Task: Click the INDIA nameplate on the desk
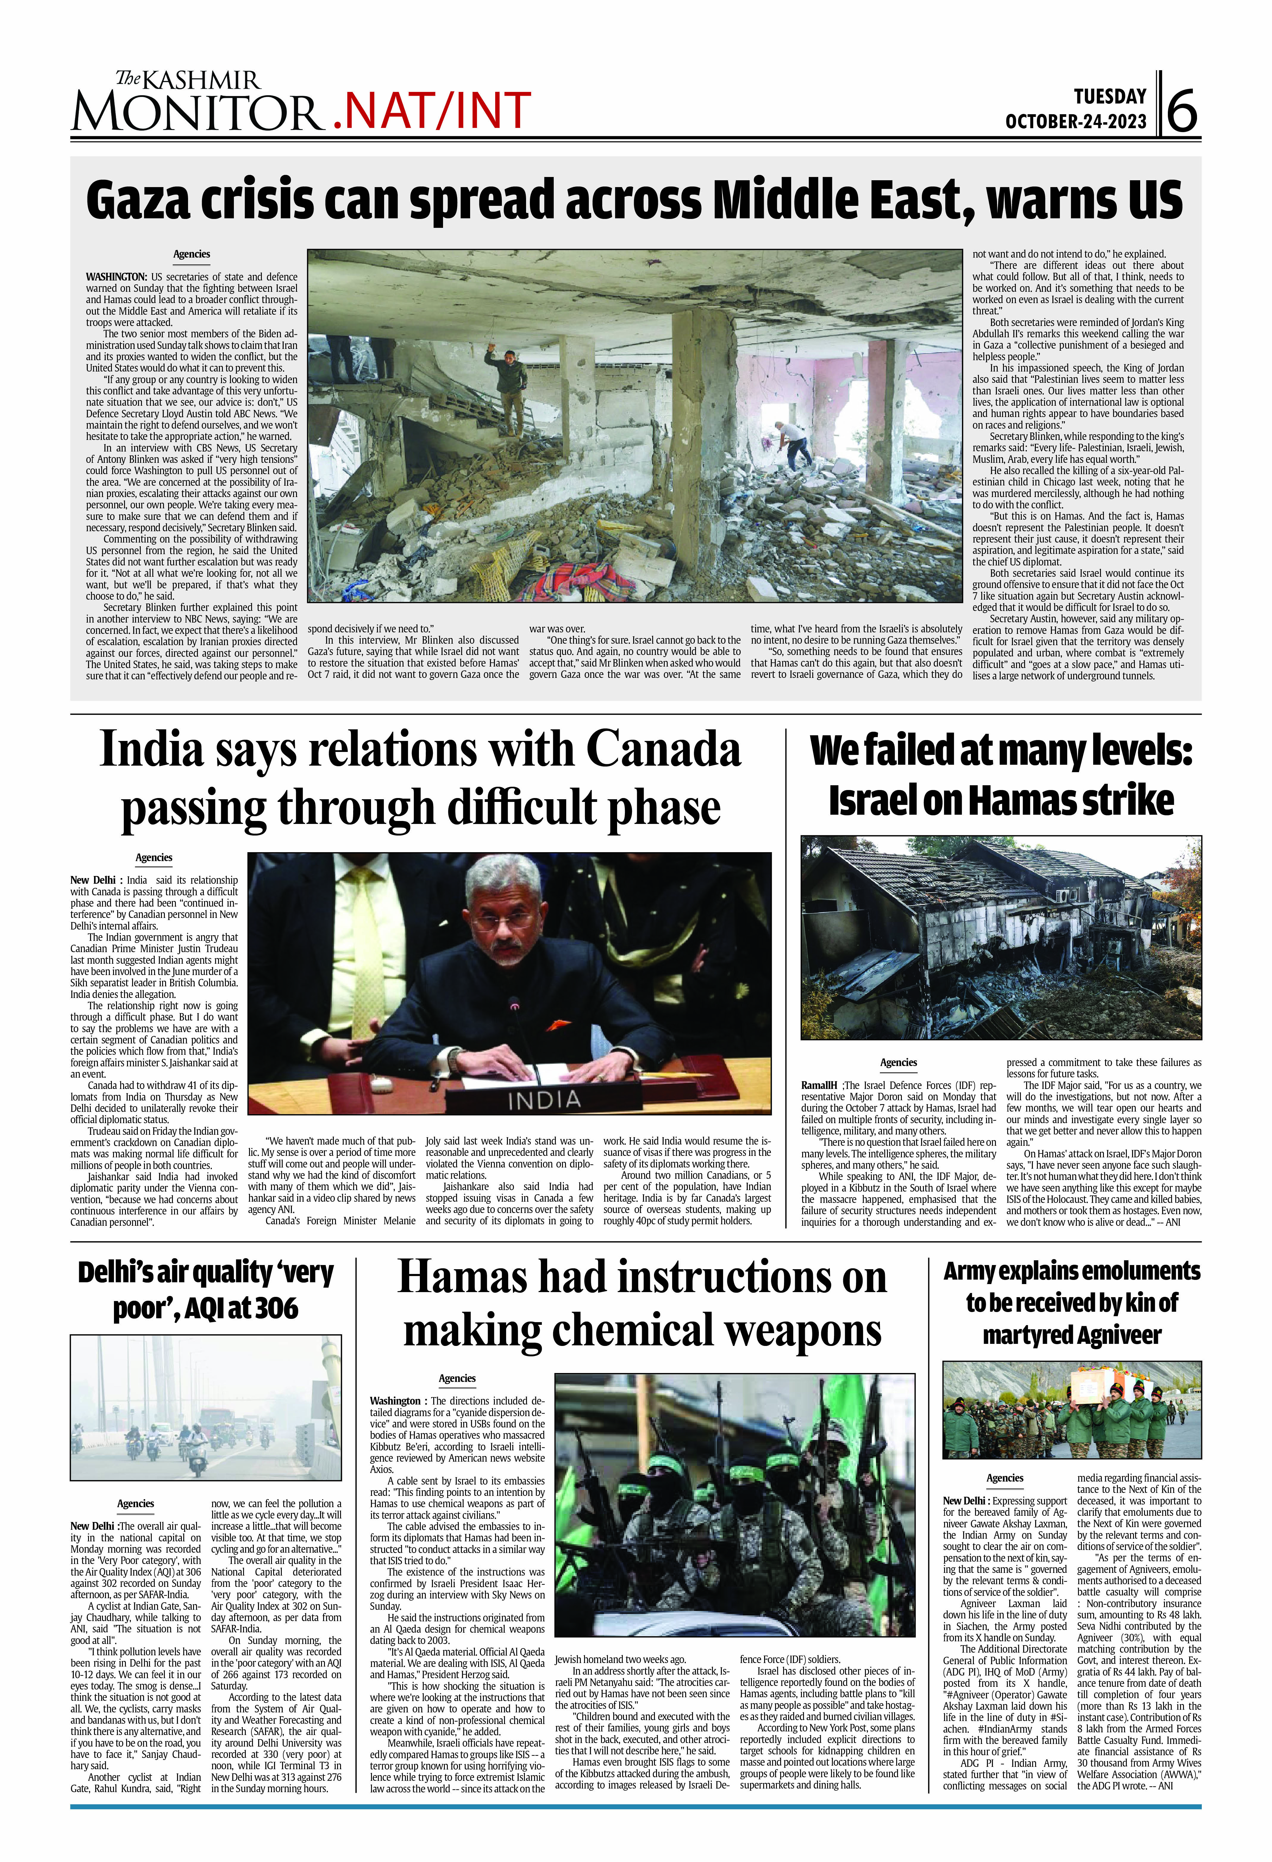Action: [x=543, y=1100]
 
